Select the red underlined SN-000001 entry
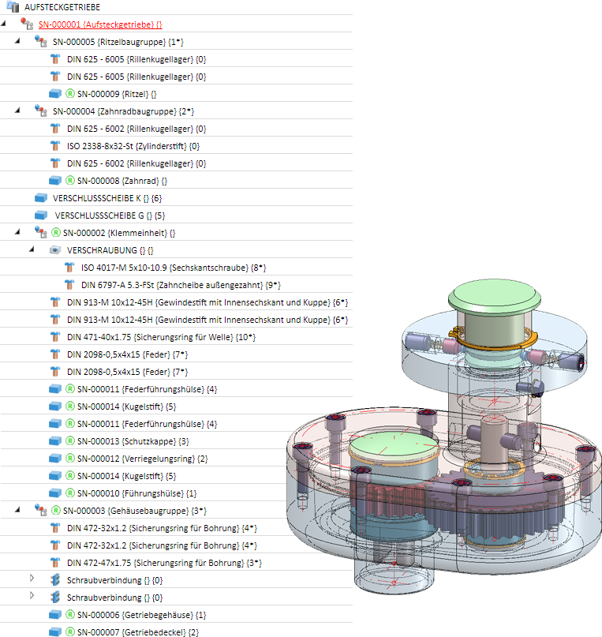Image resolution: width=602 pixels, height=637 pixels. point(97,24)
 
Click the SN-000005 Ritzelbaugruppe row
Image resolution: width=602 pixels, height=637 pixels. point(118,42)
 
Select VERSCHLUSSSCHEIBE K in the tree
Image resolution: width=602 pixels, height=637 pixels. point(107,198)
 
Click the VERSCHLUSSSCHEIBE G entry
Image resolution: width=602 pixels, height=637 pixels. point(109,215)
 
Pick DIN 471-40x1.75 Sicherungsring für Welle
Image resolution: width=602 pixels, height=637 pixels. point(166,337)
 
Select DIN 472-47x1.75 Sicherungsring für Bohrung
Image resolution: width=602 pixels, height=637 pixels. point(164,563)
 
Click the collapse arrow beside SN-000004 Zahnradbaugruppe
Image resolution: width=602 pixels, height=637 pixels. point(18,111)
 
